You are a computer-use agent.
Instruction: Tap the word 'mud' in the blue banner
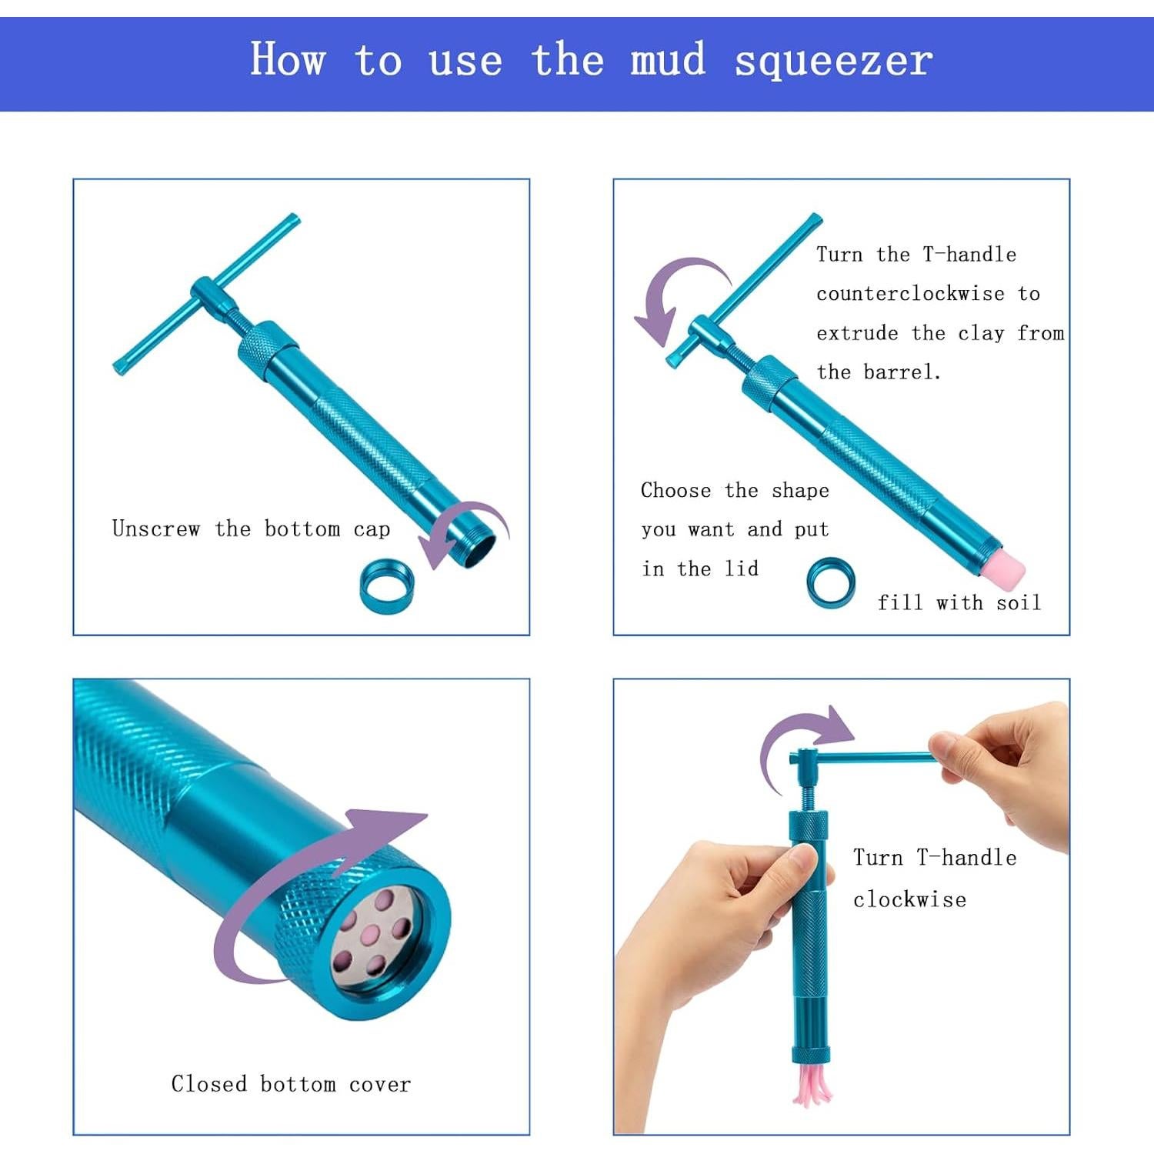(x=668, y=58)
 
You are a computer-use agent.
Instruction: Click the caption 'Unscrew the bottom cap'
(x=251, y=529)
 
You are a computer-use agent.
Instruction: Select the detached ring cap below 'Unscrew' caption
(x=387, y=586)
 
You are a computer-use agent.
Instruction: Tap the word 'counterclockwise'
(x=910, y=294)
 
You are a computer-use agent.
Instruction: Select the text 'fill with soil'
(x=959, y=602)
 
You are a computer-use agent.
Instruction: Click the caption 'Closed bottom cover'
(x=291, y=1084)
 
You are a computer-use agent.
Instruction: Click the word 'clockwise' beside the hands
(x=909, y=899)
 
